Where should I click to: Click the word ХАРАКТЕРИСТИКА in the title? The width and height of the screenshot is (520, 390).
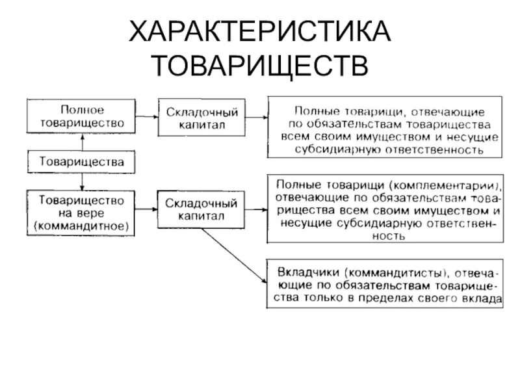[x=260, y=32]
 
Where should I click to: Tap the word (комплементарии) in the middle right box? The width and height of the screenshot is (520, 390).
[x=445, y=183]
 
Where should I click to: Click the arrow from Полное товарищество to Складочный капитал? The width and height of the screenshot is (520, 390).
[x=148, y=115]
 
